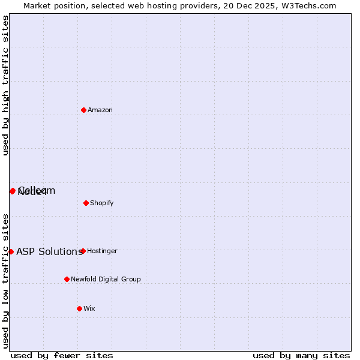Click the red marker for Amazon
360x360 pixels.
click(x=83, y=110)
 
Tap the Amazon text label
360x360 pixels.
click(x=100, y=110)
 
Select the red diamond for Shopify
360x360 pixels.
click(x=86, y=203)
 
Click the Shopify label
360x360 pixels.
click(x=102, y=203)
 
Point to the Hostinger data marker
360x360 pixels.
click(x=83, y=251)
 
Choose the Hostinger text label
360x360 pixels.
click(x=103, y=251)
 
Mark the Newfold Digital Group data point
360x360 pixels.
click(x=67, y=279)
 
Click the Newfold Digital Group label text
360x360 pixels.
click(x=106, y=279)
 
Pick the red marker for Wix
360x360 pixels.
click(x=79, y=308)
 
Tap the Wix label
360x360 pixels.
click(x=89, y=308)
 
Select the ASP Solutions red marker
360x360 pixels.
click(x=11, y=251)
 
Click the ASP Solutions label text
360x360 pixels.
click(x=49, y=251)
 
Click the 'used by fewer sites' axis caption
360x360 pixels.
click(x=62, y=355)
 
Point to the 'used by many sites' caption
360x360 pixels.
click(x=301, y=355)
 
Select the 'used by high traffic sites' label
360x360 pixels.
click(x=5, y=85)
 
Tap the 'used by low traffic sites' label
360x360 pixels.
click(x=5, y=280)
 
